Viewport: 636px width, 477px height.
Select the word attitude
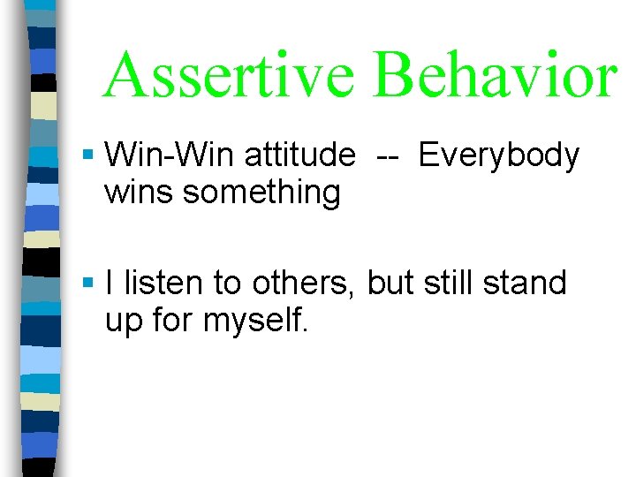pos(299,156)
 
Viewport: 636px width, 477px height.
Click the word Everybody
pos(499,157)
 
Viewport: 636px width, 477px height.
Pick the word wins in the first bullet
pos(140,193)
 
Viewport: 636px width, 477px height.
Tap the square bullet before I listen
pos(87,284)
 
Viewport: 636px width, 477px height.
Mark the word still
pos(451,284)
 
